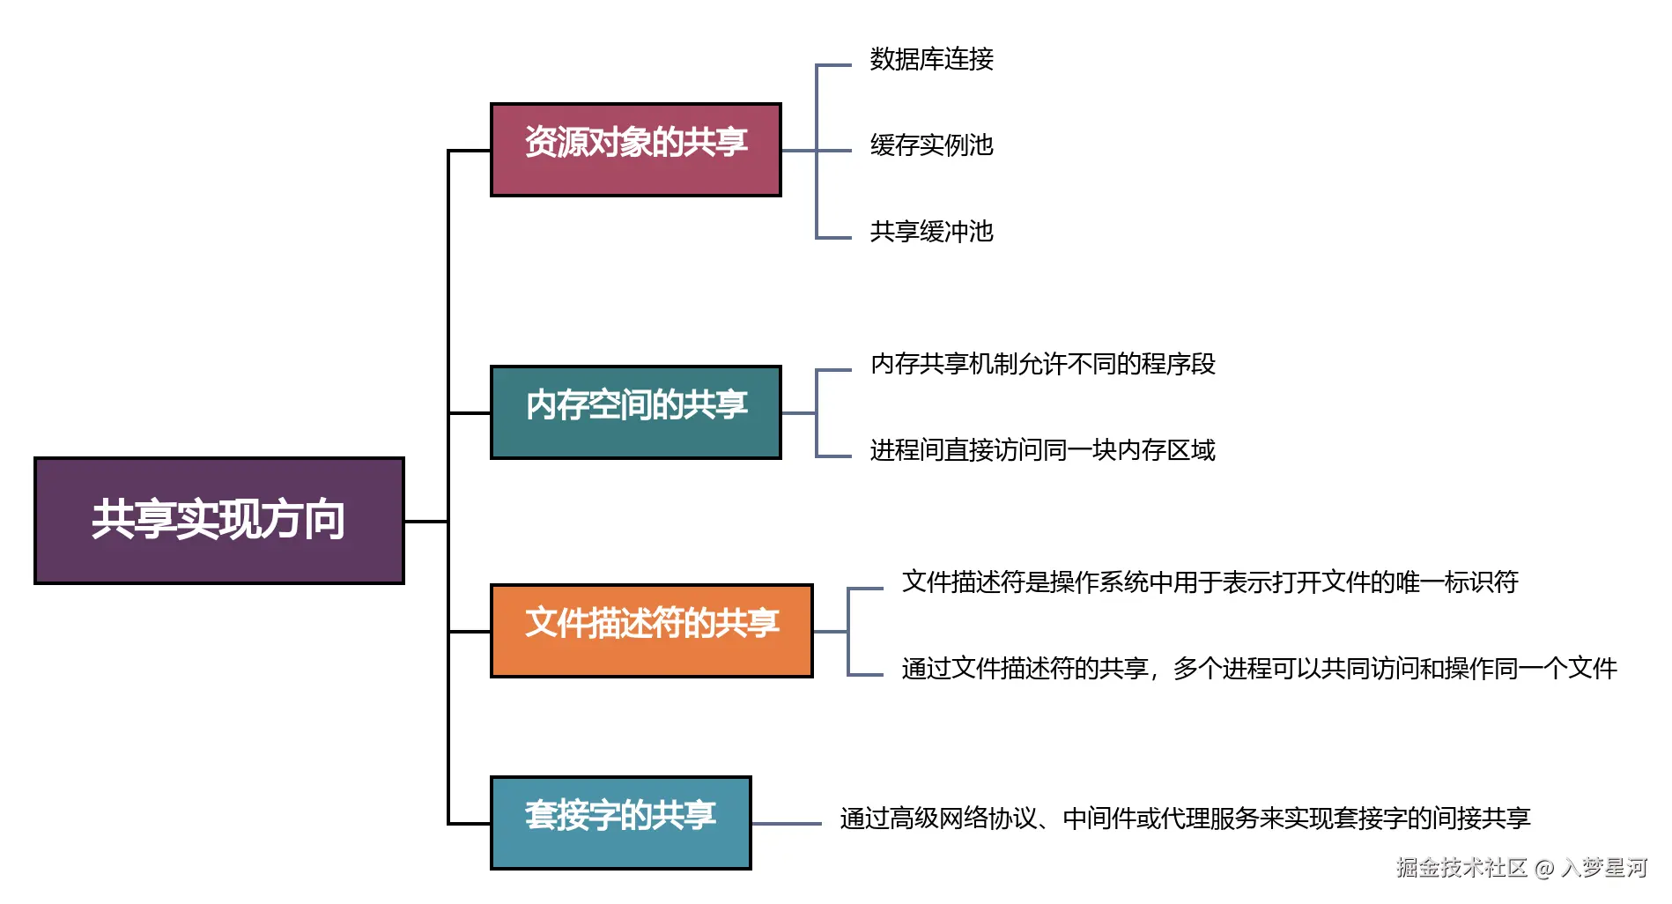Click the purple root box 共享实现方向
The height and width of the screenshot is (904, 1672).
[x=218, y=520]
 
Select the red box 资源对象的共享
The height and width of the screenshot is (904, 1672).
[x=635, y=149]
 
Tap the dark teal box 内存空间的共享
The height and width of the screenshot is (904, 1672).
[x=635, y=411]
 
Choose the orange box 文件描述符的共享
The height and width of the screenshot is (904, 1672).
[x=651, y=630]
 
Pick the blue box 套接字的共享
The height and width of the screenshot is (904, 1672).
[x=620, y=822]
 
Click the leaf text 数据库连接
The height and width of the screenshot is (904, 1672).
[x=931, y=59]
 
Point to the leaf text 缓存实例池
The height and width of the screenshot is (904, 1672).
[x=931, y=145]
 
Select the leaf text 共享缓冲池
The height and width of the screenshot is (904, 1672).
[x=931, y=232]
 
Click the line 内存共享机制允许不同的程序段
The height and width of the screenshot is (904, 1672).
[x=1042, y=364]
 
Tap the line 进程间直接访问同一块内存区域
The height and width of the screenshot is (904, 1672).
[x=1042, y=450]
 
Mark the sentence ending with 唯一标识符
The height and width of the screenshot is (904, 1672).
[x=1210, y=582]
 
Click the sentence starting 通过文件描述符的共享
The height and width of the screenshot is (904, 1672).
[x=1259, y=669]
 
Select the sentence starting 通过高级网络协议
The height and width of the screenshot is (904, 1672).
[x=1185, y=819]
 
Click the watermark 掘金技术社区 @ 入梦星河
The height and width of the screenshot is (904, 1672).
[x=1521, y=868]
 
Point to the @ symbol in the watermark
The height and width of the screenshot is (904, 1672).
[x=1544, y=869]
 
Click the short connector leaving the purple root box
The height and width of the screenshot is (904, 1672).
[x=425, y=522]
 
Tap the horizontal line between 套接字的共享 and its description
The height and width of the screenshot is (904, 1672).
[x=786, y=824]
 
